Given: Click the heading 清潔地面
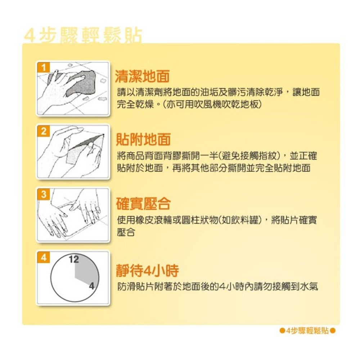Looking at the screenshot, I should click(142, 76).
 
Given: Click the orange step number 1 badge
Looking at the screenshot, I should click(44, 67).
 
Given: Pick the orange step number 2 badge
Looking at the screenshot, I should click(44, 131).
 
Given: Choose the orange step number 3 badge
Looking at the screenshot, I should click(44, 195).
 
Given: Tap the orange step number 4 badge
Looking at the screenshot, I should click(44, 258).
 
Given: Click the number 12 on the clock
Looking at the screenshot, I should click(74, 260).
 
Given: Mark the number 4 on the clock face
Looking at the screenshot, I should click(91, 286).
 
